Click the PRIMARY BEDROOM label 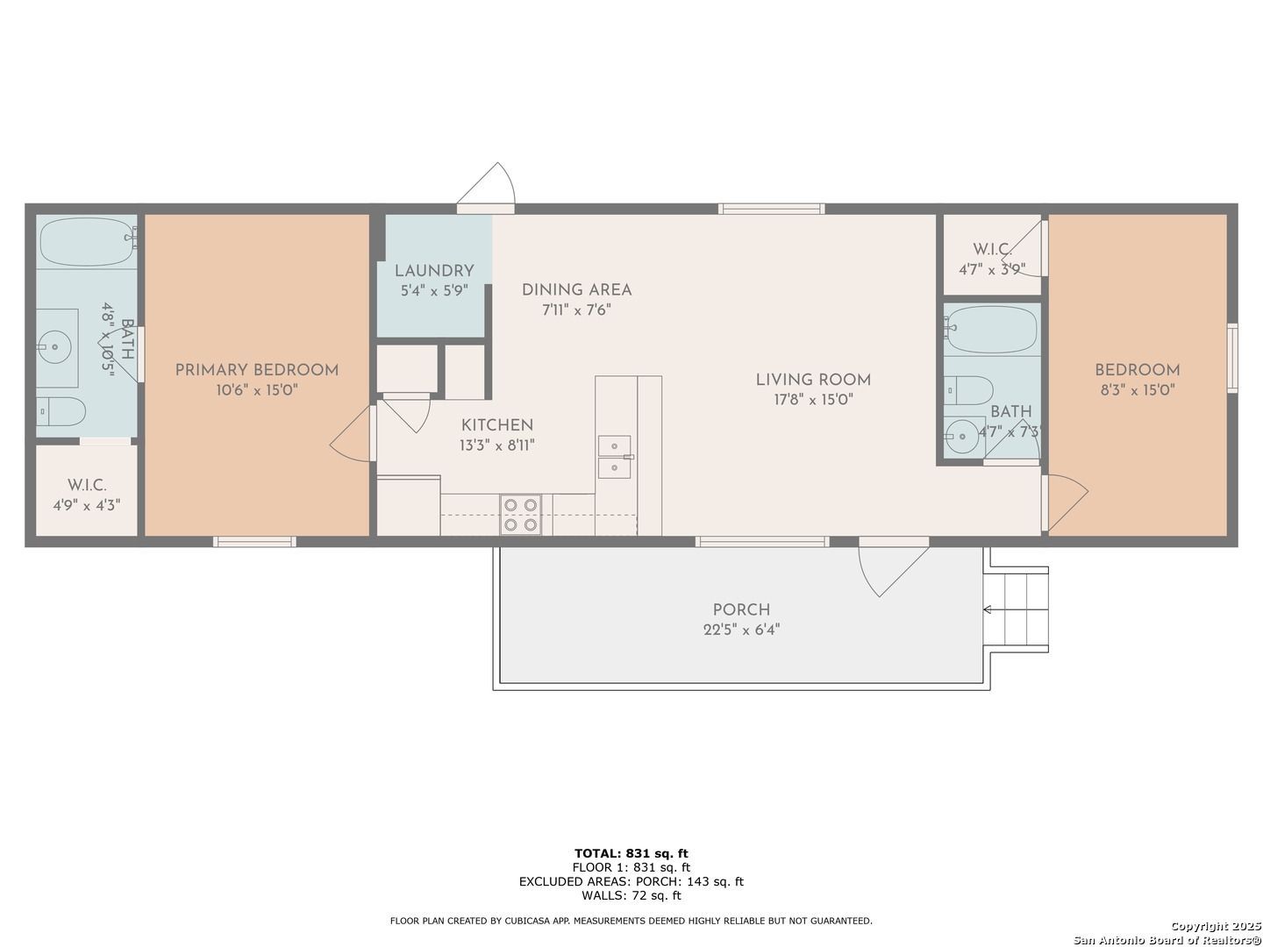point(257,370)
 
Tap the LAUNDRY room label point(434,271)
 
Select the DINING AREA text point(576,290)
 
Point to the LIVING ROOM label point(813,380)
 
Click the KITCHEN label point(497,425)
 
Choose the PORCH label point(741,610)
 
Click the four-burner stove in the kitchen point(520,515)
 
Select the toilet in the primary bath point(61,411)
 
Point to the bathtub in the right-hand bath point(990,329)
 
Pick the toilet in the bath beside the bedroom point(968,391)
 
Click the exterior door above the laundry point(486,188)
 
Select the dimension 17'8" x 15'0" point(813,400)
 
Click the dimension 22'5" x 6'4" point(741,630)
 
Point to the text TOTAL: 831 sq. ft point(631,853)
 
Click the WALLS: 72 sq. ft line point(631,896)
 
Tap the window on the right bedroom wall point(1232,359)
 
